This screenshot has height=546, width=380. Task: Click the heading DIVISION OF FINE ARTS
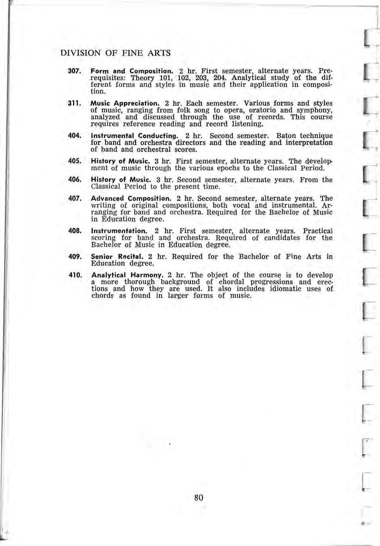pyautogui.click(x=115, y=53)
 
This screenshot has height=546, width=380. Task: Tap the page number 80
pyautogui.click(x=198, y=497)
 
